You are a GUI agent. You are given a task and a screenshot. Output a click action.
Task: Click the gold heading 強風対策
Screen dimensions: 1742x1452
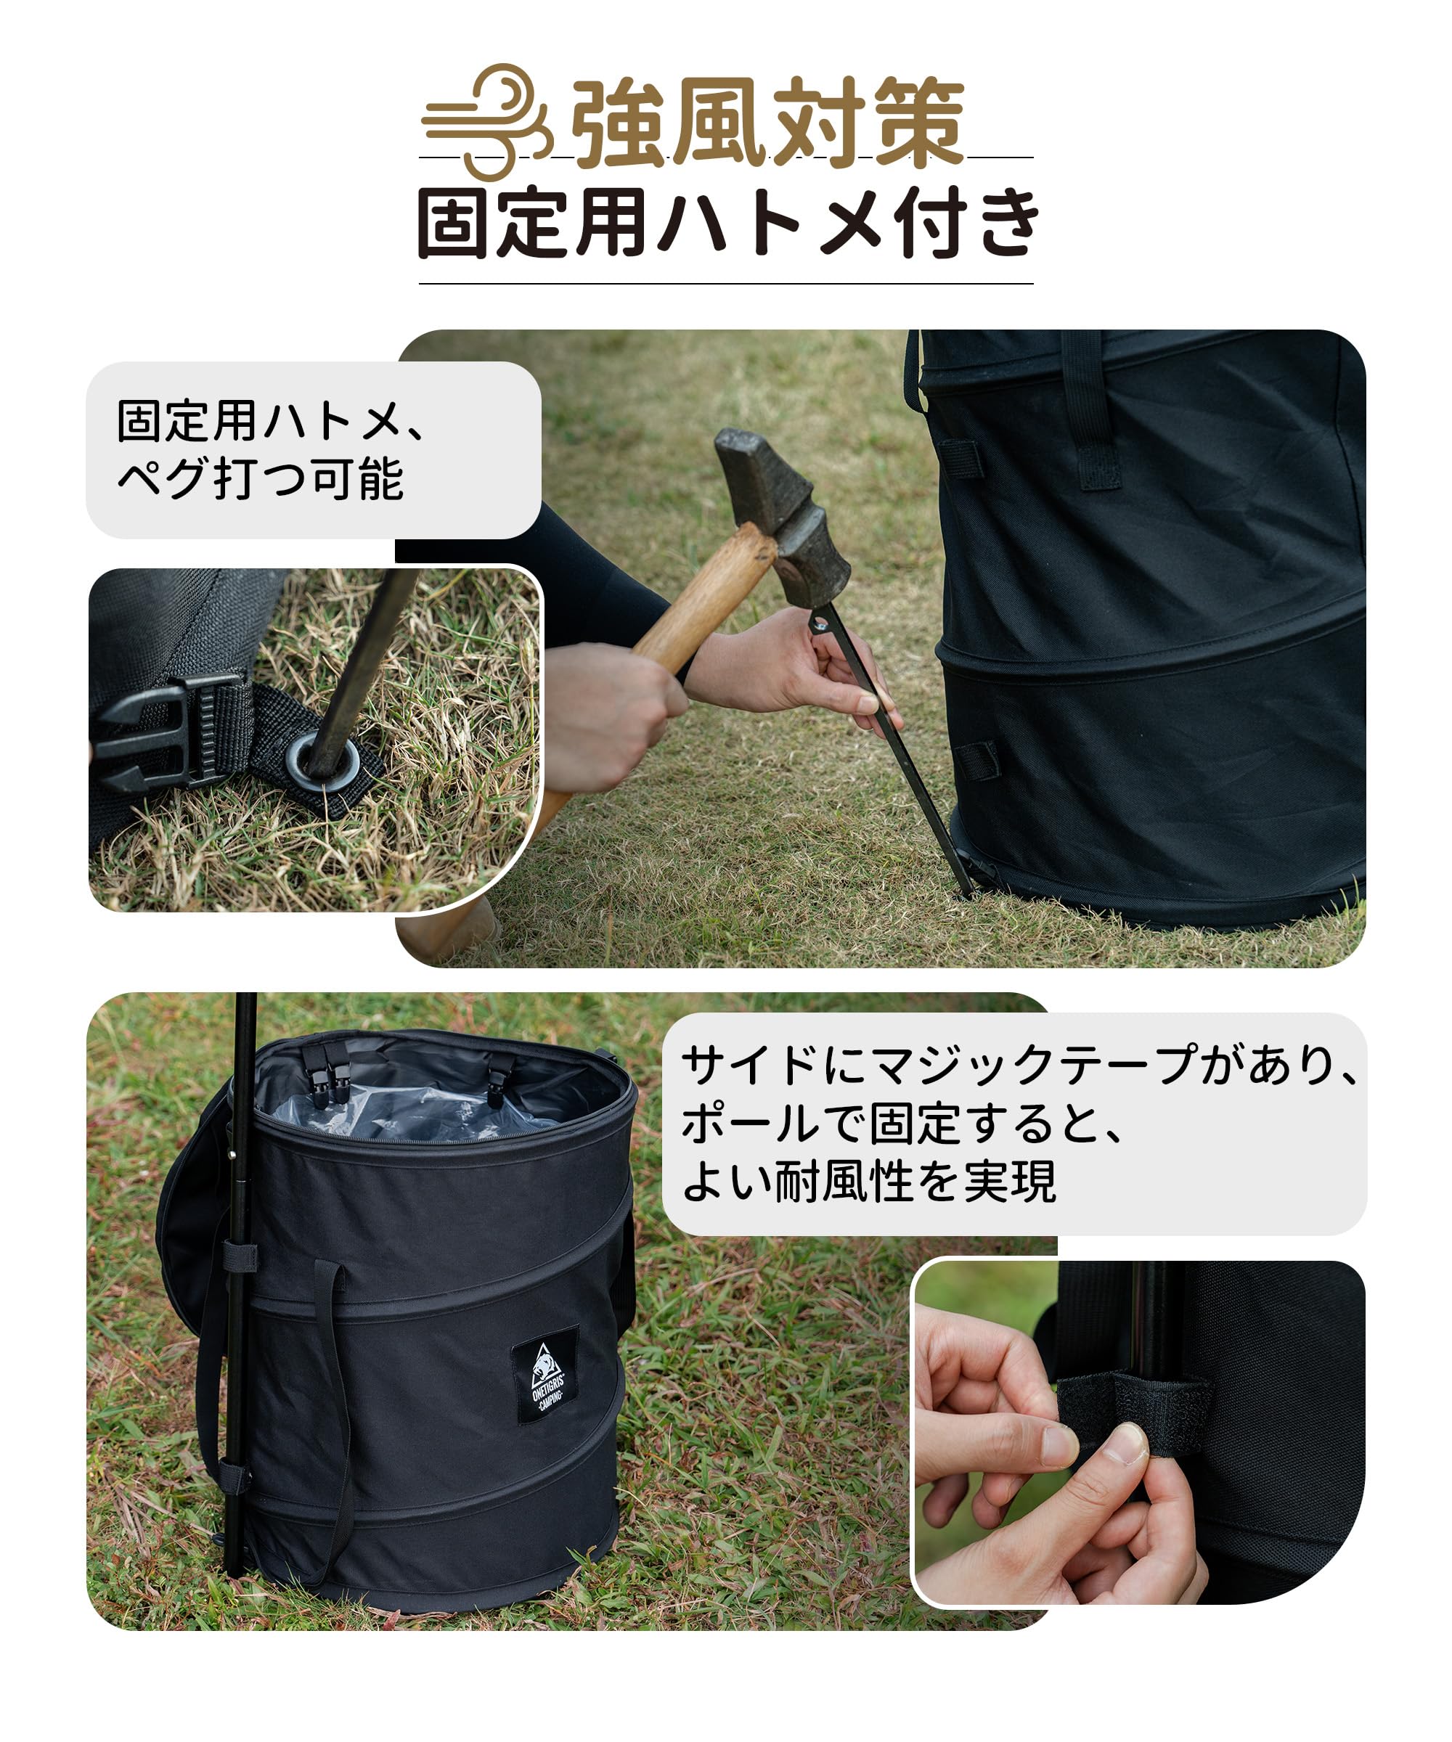(767, 123)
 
